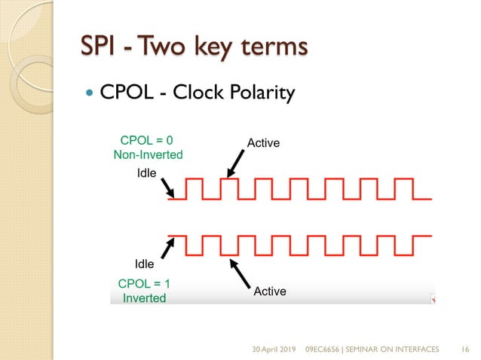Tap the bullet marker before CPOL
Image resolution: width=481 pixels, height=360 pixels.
click(x=90, y=93)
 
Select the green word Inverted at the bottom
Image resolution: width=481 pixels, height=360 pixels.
click(x=143, y=297)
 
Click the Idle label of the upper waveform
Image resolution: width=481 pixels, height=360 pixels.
click(x=146, y=174)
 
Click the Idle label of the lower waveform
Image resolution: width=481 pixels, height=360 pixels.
click(x=144, y=264)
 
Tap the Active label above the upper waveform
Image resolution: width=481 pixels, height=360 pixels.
click(x=264, y=142)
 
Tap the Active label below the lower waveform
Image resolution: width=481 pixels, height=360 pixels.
click(x=270, y=291)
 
